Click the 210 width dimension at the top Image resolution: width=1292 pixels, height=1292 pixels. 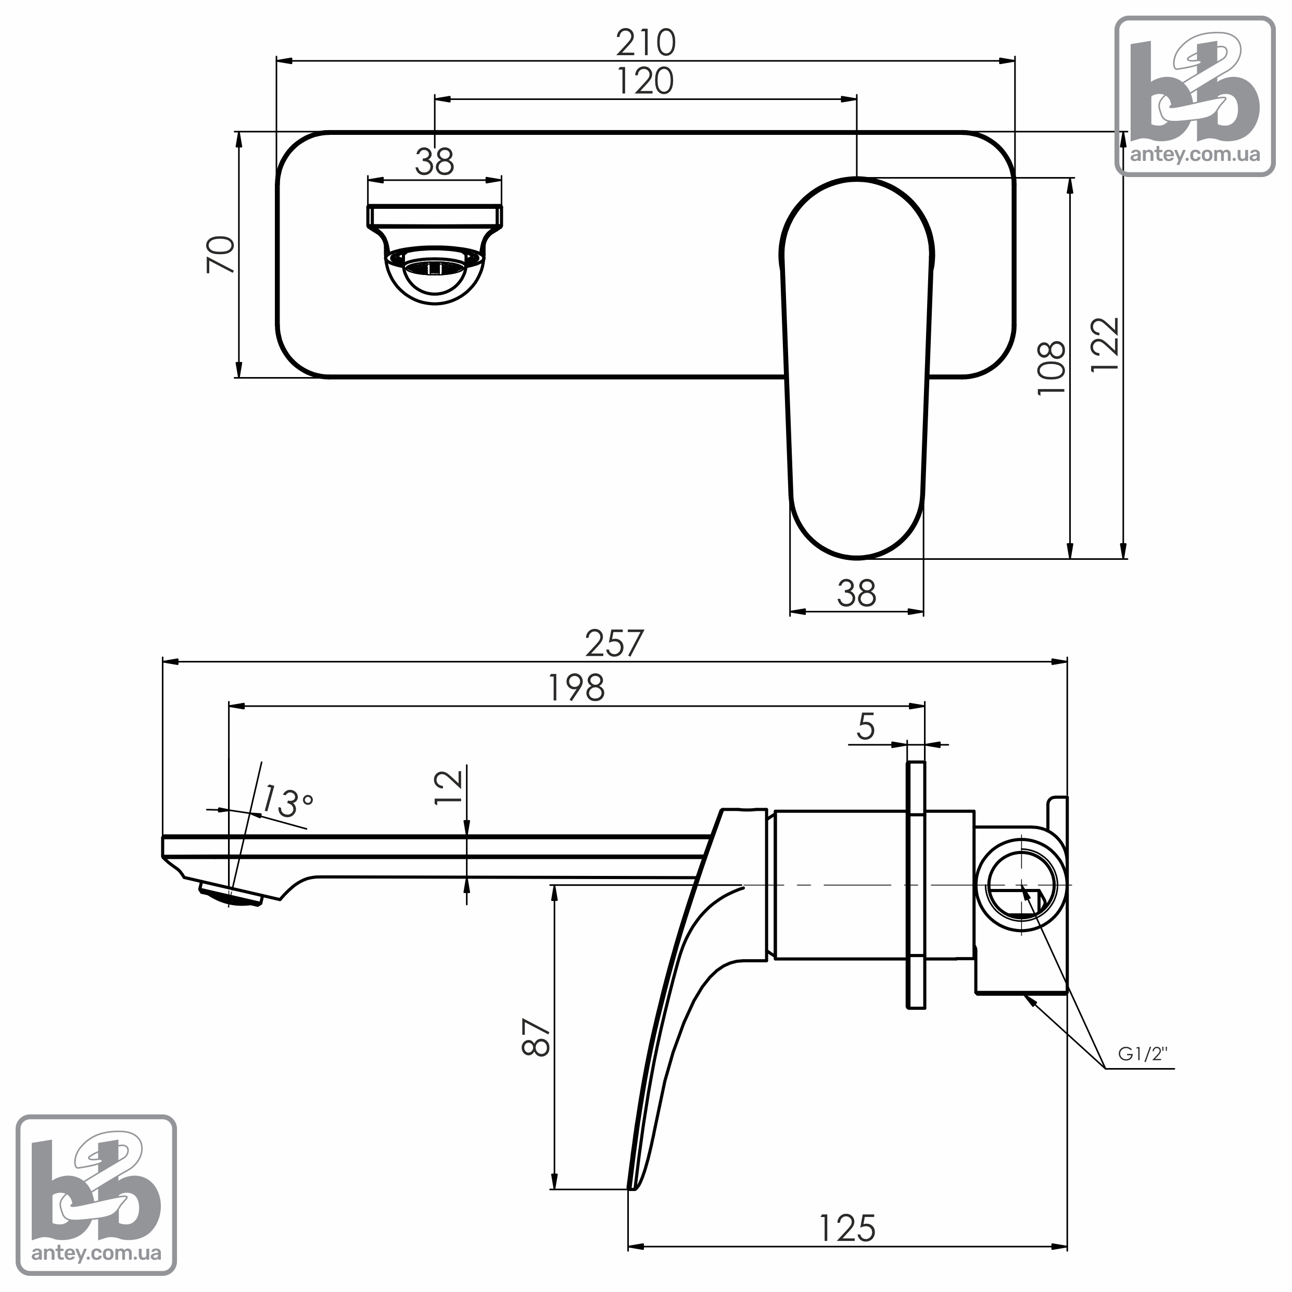[x=645, y=43]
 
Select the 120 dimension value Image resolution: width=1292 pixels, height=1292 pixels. [x=644, y=81]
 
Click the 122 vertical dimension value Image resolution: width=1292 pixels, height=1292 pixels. [x=1105, y=345]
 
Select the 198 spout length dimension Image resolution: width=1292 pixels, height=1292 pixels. [x=576, y=687]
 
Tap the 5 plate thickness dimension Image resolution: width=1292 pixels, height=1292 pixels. [x=866, y=726]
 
